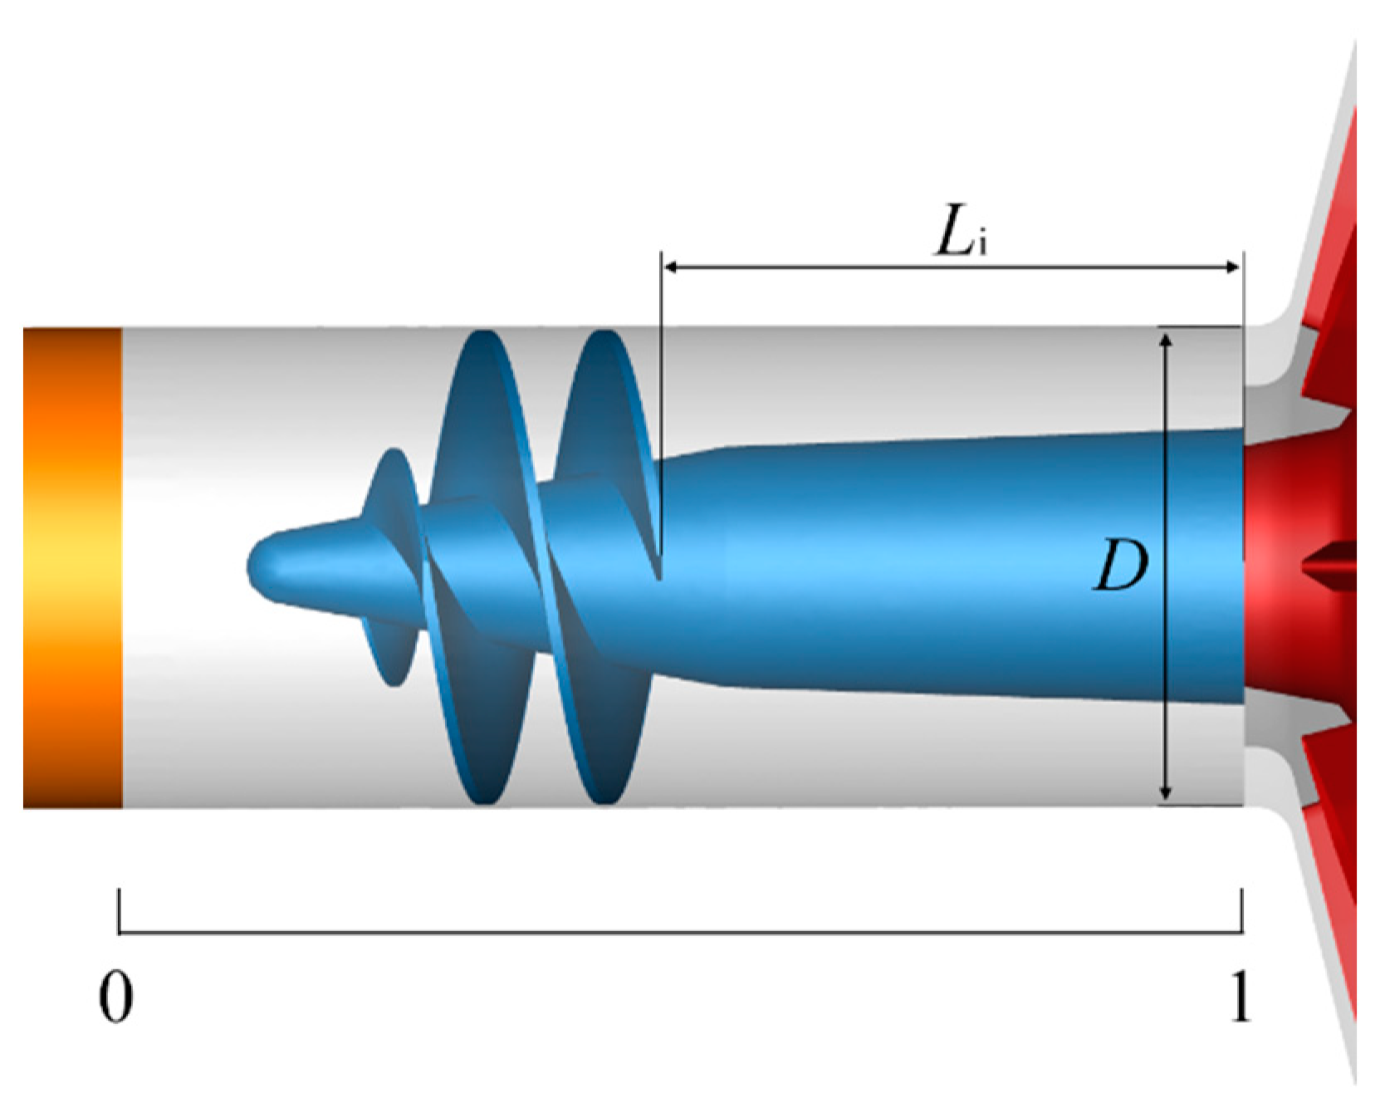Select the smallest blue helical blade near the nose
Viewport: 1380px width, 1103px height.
pyautogui.click(x=390, y=565)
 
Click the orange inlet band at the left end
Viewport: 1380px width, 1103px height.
pyautogui.click(x=72, y=567)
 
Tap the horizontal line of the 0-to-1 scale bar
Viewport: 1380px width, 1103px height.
pyautogui.click(x=681, y=933)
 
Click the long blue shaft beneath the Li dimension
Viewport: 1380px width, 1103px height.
pyautogui.click(x=913, y=565)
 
